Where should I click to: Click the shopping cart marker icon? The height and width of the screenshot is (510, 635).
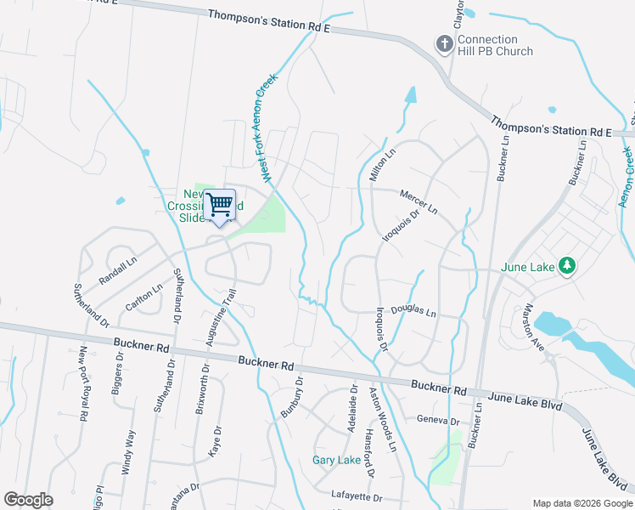(220, 204)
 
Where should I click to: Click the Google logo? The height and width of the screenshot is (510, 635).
(28, 500)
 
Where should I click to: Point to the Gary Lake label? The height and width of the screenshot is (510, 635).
(336, 460)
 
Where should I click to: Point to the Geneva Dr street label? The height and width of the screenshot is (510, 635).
(437, 421)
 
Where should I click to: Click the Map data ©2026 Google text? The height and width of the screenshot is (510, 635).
(582, 502)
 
